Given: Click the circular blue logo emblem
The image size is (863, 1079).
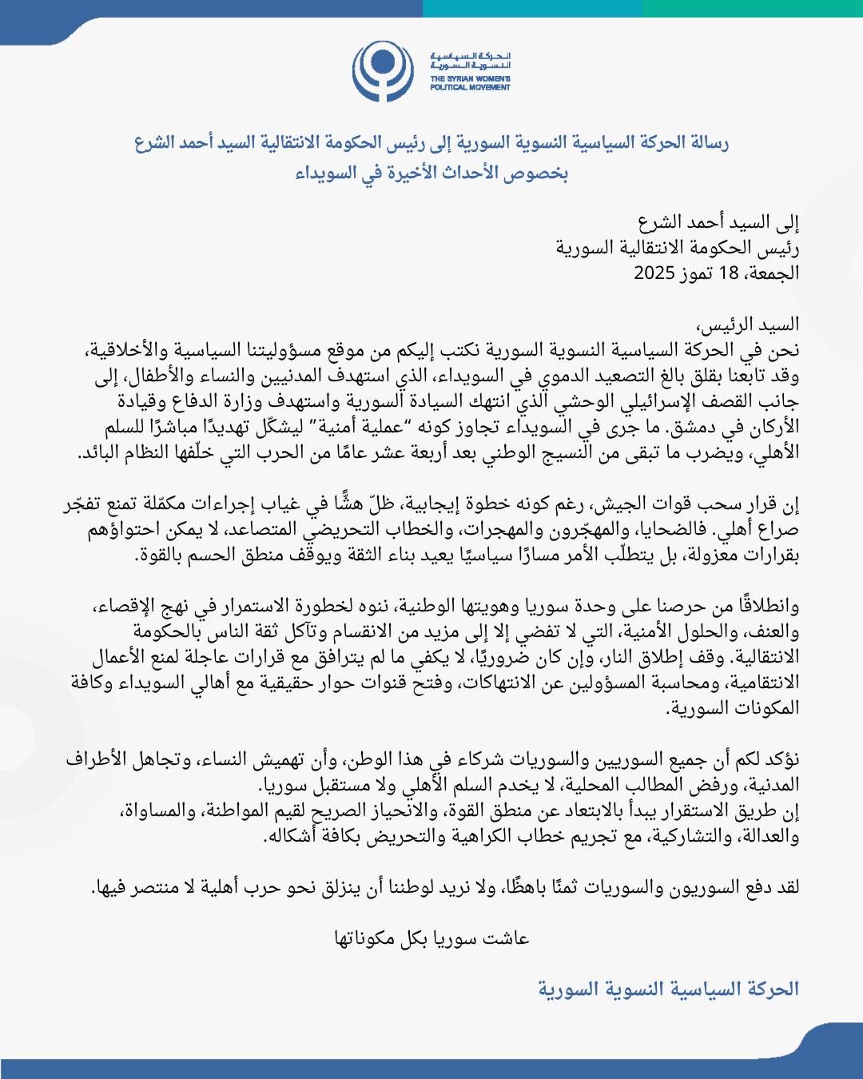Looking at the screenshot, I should pyautogui.click(x=384, y=71).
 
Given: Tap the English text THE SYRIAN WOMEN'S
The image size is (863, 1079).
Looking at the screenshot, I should pyautogui.click(x=470, y=78).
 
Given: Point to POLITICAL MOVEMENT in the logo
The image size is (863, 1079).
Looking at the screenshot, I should pyautogui.click(x=470, y=87).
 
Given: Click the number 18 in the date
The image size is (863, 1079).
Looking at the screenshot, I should pyautogui.click(x=729, y=273).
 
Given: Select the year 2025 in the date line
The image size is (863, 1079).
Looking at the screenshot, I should pyautogui.click(x=655, y=273).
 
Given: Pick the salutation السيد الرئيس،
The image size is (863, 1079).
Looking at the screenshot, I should pyautogui.click(x=747, y=324).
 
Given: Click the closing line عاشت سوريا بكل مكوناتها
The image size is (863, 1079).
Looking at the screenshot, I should pyautogui.click(x=431, y=938).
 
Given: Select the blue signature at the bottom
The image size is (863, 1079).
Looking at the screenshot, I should pyautogui.click(x=668, y=989).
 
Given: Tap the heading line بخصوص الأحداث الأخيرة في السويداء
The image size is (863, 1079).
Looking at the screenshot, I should pyautogui.click(x=431, y=173).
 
